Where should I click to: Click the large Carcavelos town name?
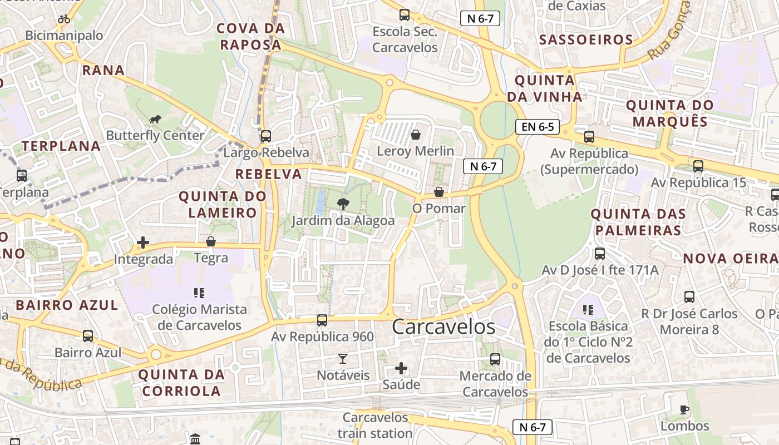point(443,327)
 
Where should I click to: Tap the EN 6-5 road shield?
point(537,127)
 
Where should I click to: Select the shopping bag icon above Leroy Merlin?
point(415,135)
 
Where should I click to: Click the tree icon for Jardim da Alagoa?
point(343,204)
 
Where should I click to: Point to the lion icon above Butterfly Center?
point(155,120)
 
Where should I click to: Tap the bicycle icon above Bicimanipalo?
point(64,19)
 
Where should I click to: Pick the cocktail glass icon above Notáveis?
point(343,359)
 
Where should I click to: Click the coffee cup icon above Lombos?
point(684,410)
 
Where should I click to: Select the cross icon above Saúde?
point(401,368)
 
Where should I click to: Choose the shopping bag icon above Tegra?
point(211,241)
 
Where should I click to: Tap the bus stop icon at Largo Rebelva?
point(266,136)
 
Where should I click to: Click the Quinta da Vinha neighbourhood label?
point(545,88)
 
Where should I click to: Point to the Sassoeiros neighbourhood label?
point(586,39)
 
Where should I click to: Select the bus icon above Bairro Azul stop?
point(88,336)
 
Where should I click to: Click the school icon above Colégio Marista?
point(199,293)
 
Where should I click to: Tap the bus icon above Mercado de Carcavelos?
point(495,359)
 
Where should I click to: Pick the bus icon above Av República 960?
point(322,320)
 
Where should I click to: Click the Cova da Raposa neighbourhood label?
point(250,36)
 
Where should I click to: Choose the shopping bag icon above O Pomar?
point(439,192)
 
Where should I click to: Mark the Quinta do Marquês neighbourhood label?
point(669,113)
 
